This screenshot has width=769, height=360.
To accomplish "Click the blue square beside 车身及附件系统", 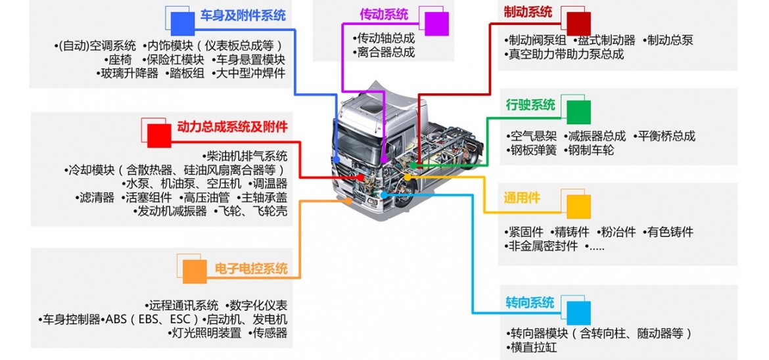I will click(182, 24).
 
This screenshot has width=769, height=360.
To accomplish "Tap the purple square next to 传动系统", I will click(436, 24).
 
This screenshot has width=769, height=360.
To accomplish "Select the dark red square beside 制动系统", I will click(579, 23).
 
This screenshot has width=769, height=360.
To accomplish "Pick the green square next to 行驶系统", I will click(578, 112).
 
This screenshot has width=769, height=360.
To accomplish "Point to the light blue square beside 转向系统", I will click(579, 312).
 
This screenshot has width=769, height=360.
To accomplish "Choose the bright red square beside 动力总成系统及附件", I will click(158, 135).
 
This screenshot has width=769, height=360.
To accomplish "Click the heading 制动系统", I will click(528, 12).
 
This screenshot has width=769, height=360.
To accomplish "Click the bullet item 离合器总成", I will click(385, 53).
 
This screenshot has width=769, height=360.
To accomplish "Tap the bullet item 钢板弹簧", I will click(533, 150).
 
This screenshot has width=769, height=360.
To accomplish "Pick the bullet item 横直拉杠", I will click(533, 347).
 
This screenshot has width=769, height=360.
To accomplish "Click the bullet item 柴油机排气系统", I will click(246, 156).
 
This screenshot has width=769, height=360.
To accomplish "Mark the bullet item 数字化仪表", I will click(258, 305).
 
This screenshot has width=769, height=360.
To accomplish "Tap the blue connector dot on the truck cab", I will click(337, 159).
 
